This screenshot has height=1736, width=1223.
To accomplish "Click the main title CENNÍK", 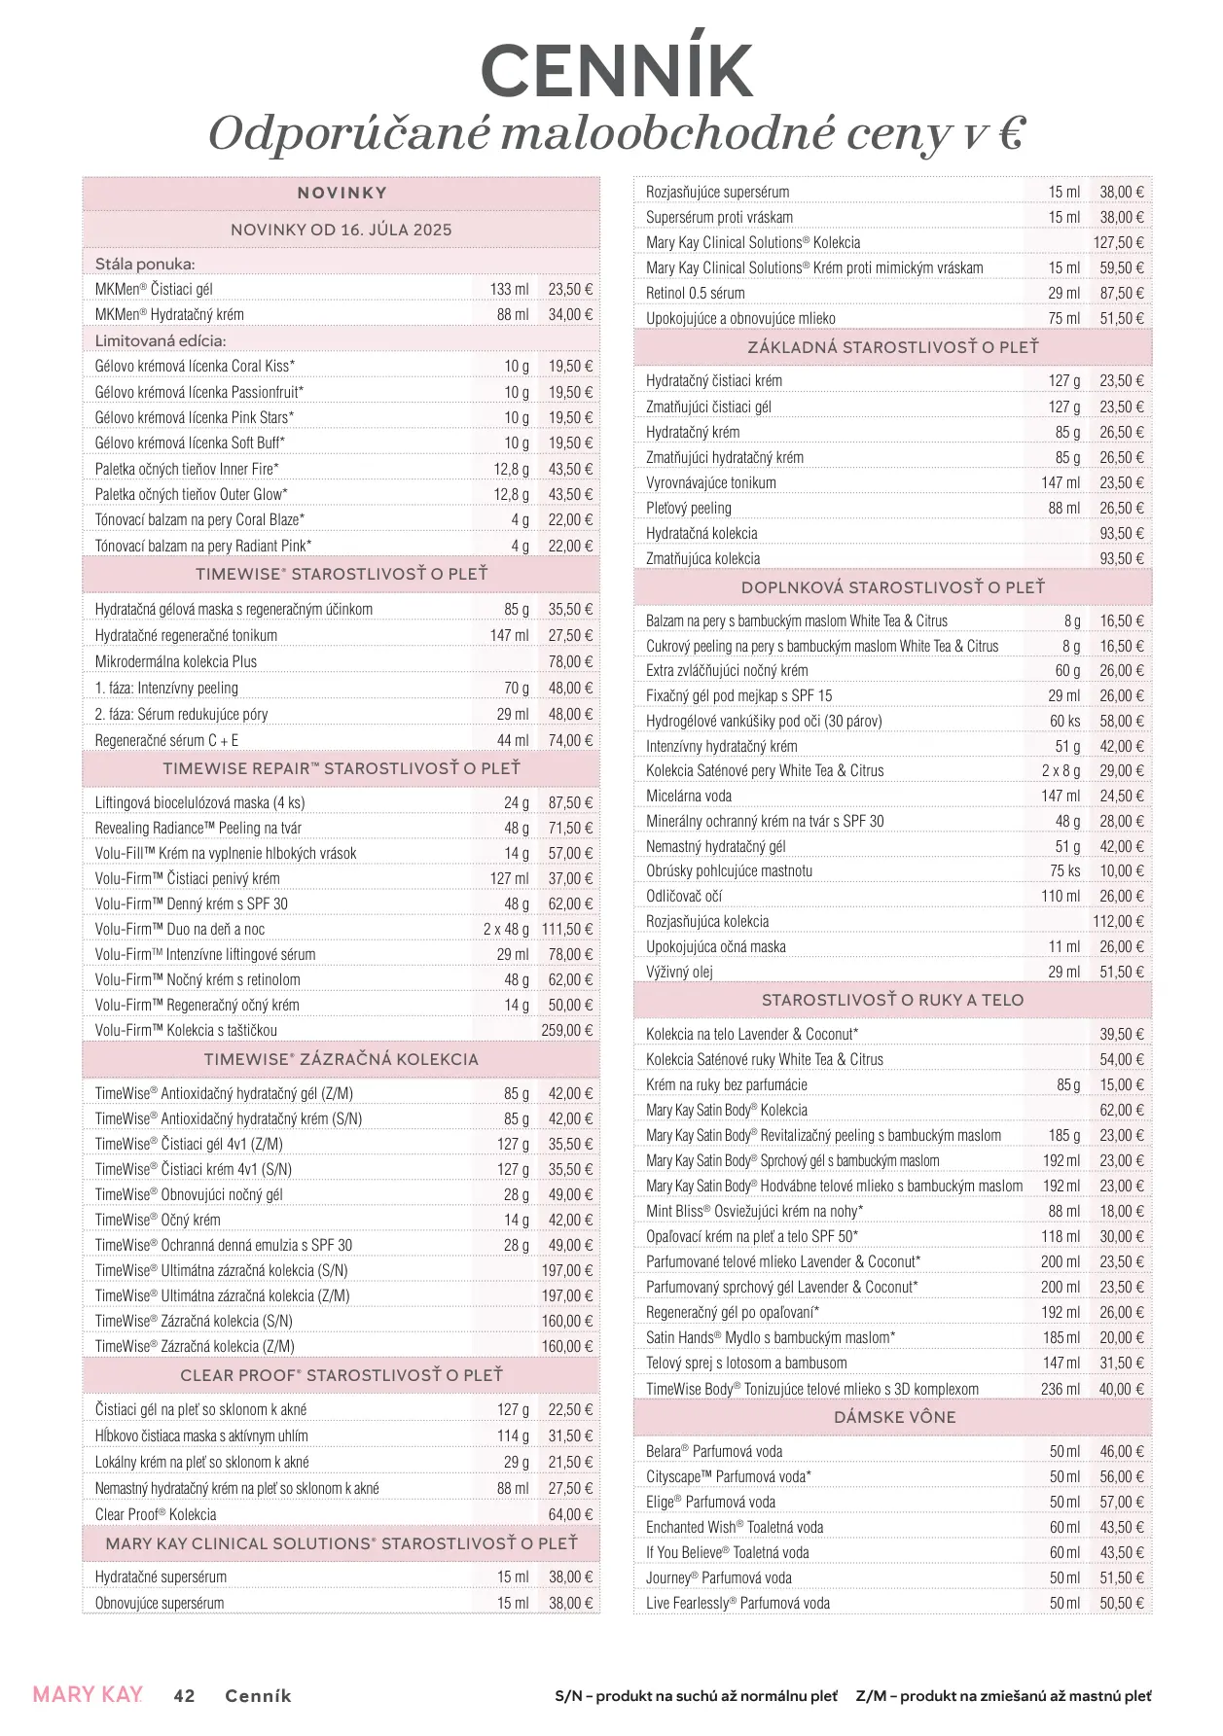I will coord(617,70).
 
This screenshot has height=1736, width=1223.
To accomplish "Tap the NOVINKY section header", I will coord(342,193).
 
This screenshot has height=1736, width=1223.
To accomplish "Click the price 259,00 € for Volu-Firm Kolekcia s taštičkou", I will coord(566,1030).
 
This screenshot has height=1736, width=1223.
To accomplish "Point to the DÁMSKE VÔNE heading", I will coord(894,1417).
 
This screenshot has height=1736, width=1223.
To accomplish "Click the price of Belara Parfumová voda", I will coord(1122,1451).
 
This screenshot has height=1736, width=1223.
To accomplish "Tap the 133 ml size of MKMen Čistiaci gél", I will coord(509,289).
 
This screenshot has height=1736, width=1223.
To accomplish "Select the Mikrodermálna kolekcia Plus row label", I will coord(176,661).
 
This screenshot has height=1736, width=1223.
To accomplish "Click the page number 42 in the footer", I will coord(184,1695).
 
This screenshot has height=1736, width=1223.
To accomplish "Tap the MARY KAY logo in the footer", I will coord(88,1694).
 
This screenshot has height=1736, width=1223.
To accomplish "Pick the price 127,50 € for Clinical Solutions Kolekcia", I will coord(1118,242).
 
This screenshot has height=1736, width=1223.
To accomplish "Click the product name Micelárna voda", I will coord(689,796).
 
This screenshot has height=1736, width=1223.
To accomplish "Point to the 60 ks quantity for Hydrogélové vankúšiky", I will coord(1064,721).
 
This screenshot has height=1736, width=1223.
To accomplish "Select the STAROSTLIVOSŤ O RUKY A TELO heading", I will coord(892,1000).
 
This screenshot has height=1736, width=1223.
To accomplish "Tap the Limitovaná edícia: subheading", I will coord(161,340).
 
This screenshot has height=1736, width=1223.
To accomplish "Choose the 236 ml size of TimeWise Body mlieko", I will coord(1060,1389).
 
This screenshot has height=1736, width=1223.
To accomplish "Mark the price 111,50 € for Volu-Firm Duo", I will coord(566,929).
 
